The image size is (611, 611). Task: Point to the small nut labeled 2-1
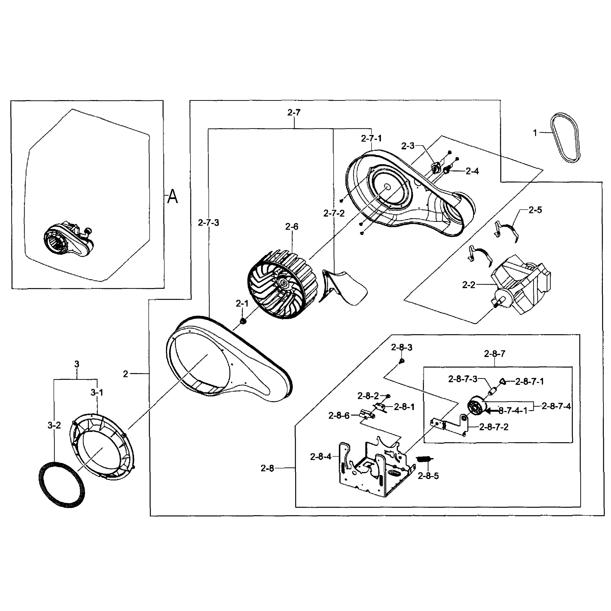point(243,321)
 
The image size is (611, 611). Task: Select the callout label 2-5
point(535,210)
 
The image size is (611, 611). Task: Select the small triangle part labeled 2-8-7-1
point(503,381)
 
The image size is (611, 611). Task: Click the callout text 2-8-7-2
point(494,427)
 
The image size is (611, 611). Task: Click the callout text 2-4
point(472,171)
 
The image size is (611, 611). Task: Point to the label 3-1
point(97,393)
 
